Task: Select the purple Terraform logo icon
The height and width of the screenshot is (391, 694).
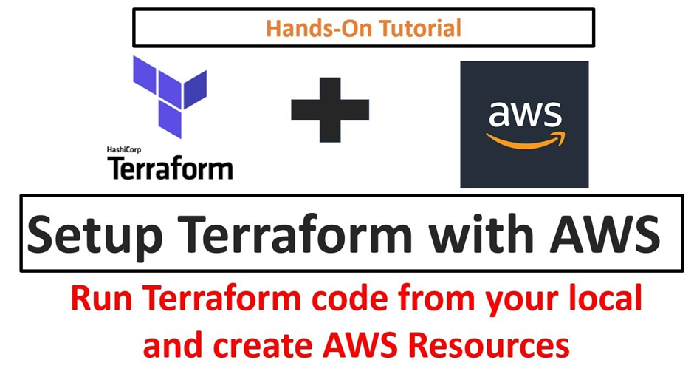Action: (170, 97)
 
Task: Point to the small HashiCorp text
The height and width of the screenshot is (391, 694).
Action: (124, 150)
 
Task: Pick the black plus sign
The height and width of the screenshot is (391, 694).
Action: (330, 110)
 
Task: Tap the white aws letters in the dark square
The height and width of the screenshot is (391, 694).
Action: (526, 114)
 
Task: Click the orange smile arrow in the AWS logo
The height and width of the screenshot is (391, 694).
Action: (526, 141)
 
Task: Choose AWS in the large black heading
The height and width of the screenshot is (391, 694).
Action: (605, 234)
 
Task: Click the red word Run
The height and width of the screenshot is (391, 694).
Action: (101, 298)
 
